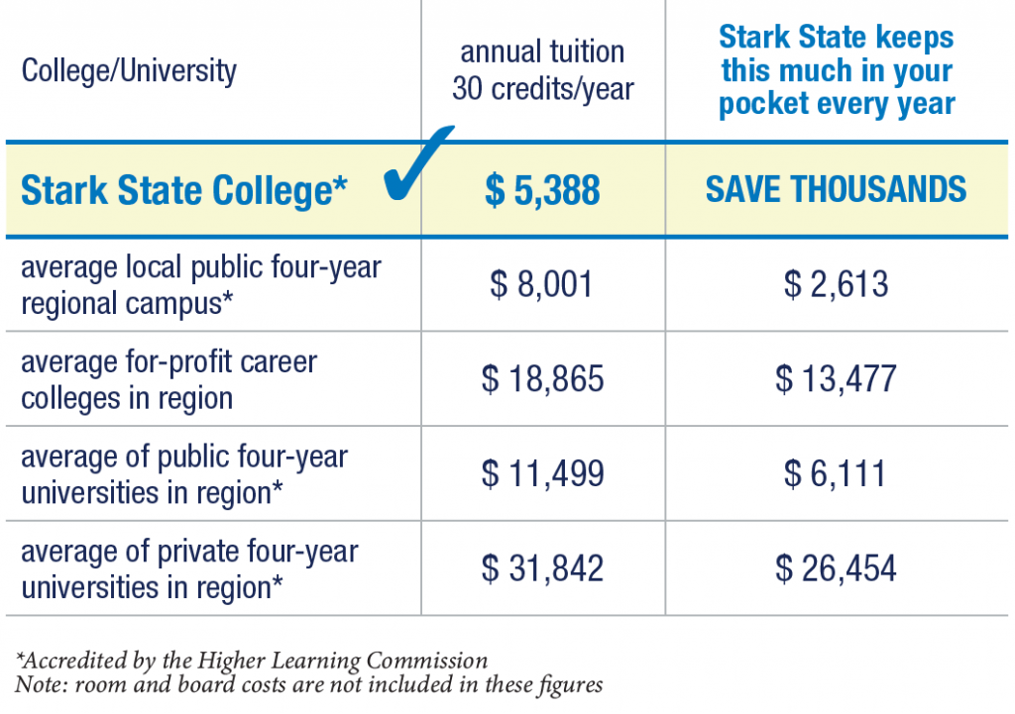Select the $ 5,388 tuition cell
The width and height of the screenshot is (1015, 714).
point(542,190)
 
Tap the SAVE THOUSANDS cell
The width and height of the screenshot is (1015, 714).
point(836,189)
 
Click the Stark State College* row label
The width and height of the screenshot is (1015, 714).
point(184,191)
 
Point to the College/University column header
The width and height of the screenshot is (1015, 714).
point(129,71)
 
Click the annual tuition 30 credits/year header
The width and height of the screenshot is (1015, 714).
point(543,70)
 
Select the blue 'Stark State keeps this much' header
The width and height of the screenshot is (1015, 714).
point(837,70)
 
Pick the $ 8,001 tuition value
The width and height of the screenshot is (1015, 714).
point(542,285)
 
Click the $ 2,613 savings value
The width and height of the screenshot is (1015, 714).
point(837,285)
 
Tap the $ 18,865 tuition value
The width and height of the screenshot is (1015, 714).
point(542,379)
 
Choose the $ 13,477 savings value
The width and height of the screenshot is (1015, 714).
point(837,379)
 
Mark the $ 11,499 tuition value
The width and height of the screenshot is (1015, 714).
point(542,473)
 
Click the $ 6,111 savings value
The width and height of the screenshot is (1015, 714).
point(837,473)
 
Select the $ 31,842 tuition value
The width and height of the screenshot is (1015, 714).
point(542,568)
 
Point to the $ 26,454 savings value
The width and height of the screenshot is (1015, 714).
point(837,568)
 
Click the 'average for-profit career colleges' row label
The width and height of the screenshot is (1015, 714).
point(169,379)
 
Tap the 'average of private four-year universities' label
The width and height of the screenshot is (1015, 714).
point(189,568)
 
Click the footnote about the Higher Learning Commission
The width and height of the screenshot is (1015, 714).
point(252,661)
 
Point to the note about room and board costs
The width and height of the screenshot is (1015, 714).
point(308,684)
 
